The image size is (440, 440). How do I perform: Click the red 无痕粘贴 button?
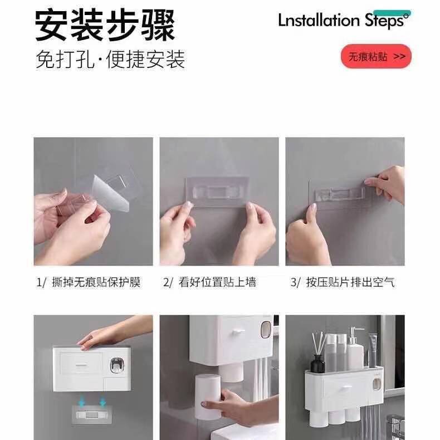pyautogui.click(x=376, y=56)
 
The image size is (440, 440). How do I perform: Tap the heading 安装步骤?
pyautogui.click(x=105, y=25)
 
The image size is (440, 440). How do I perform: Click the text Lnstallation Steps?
pyautogui.click(x=343, y=21)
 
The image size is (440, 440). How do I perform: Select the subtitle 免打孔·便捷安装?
pyautogui.click(x=110, y=59)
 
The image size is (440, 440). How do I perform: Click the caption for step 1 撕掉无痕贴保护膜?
pyautogui.click(x=89, y=282)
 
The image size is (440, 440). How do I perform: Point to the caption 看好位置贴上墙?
pyautogui.click(x=210, y=282)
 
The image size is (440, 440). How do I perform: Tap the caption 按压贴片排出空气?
pyautogui.click(x=342, y=282)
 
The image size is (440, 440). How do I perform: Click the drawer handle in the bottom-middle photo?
pyautogui.click(x=239, y=331)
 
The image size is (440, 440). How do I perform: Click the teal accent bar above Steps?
pyautogui.click(x=392, y=13)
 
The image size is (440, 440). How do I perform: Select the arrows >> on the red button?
pyautogui.click(x=399, y=56)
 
